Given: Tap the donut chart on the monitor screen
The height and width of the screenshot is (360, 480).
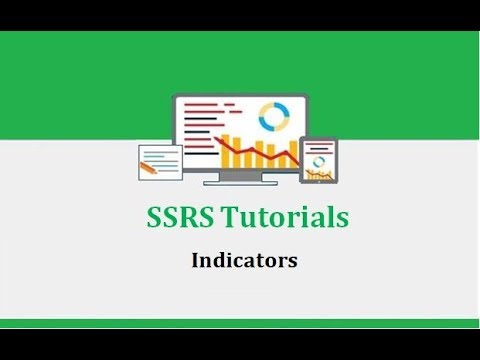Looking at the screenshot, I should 272,118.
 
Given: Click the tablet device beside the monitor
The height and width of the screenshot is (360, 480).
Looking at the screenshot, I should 319,160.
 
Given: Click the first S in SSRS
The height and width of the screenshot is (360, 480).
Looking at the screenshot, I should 143,218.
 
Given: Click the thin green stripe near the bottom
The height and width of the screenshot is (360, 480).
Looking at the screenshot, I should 240,323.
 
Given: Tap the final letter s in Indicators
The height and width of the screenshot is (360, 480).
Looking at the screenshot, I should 293,262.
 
